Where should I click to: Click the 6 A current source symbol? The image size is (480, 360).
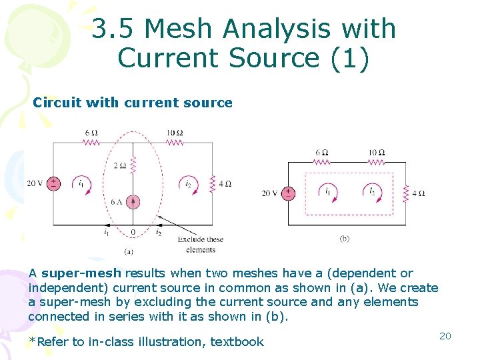pyautogui.click(x=133, y=201)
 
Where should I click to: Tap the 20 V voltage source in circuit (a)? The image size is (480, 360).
pyautogui.click(x=53, y=183)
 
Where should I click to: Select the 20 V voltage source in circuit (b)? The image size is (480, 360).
pyautogui.click(x=288, y=193)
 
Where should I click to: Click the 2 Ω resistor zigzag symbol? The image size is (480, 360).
pyautogui.click(x=133, y=164)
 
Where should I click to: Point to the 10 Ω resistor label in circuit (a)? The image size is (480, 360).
pyautogui.click(x=175, y=133)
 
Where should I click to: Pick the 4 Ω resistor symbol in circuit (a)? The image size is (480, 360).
pyautogui.click(x=211, y=183)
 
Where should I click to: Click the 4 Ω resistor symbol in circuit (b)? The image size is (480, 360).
pyautogui.click(x=405, y=193)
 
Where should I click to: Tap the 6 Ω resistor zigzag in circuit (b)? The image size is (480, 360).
pyautogui.click(x=322, y=161)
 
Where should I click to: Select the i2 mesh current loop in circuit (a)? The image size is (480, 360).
pyautogui.click(x=189, y=183)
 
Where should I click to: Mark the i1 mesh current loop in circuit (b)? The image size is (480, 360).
pyautogui.click(x=327, y=192)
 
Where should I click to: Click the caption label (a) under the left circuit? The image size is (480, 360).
pyautogui.click(x=129, y=251)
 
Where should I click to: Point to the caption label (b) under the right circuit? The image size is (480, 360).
pyautogui.click(x=345, y=238)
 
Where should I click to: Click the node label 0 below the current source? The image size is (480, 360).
pyautogui.click(x=133, y=233)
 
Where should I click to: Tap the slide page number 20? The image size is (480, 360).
pyautogui.click(x=445, y=336)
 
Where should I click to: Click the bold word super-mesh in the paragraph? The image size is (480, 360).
pyautogui.click(x=81, y=273)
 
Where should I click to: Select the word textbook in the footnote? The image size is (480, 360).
pyautogui.click(x=237, y=342)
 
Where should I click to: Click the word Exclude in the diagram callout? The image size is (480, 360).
pyautogui.click(x=191, y=239)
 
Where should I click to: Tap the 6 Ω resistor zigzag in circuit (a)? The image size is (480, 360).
pyautogui.click(x=92, y=141)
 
